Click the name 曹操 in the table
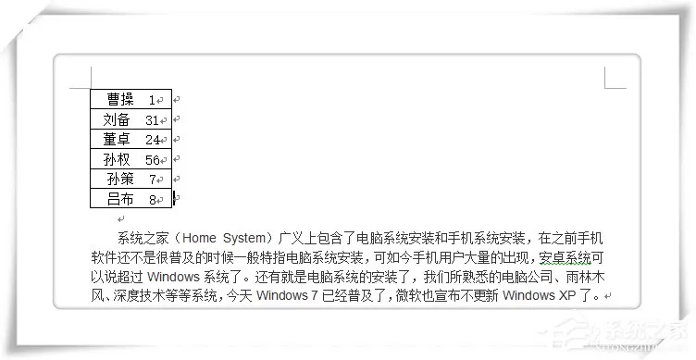120,99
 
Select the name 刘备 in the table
117,119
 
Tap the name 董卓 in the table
117,140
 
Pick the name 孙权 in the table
117,159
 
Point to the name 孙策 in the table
120,179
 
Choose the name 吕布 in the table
120,199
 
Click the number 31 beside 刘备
152,120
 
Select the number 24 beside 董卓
152,140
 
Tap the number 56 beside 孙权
152,160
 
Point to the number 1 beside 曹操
152,100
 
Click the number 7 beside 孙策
152,180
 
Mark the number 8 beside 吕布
152,200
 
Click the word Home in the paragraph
199,239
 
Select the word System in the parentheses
243,239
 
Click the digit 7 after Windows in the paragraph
314,295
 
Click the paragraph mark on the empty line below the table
120,218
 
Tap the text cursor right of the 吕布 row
174,198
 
